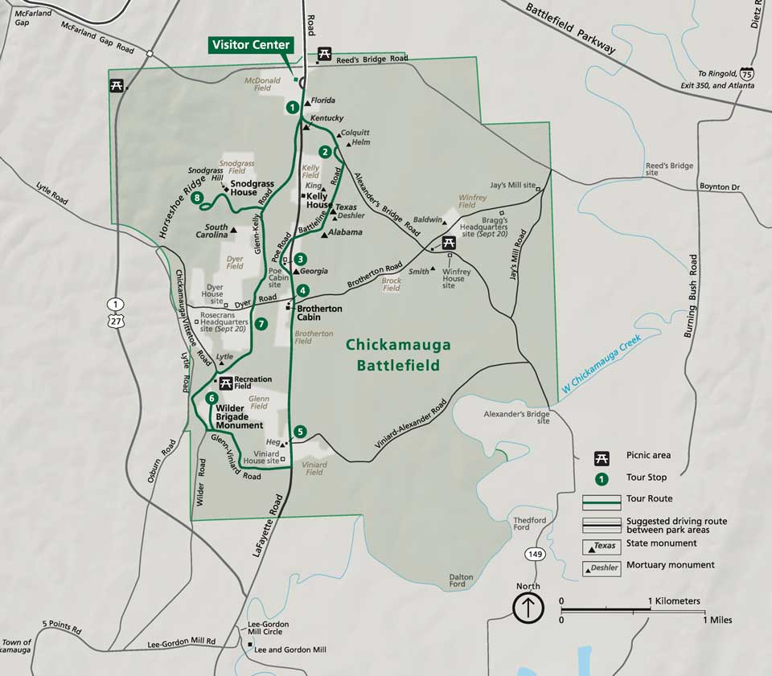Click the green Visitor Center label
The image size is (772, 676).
tap(250, 45)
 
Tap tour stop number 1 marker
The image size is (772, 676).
tap(292, 107)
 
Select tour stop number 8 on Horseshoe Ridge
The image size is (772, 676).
tap(197, 198)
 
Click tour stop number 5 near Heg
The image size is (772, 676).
tap(300, 432)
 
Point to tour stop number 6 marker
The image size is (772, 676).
tap(211, 398)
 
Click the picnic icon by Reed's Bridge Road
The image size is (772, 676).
tap(324, 53)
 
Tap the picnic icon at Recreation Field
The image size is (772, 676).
tap(225, 382)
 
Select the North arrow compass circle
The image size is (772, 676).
tap(528, 608)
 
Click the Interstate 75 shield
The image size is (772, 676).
tap(748, 74)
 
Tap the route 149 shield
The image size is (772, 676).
tap(533, 554)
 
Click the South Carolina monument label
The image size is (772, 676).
tap(211, 231)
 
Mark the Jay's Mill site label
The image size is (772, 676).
tap(512, 185)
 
